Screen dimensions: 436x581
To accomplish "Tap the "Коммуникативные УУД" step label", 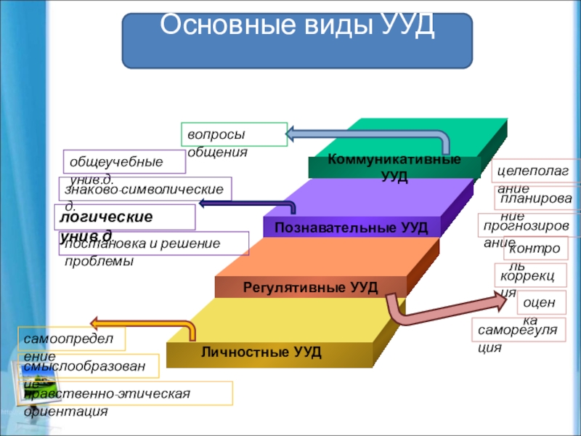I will click(394, 167).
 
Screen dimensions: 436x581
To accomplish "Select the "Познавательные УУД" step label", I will click(351, 227).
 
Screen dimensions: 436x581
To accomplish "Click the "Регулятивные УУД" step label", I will click(310, 287).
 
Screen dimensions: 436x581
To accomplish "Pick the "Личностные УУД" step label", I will click(261, 352).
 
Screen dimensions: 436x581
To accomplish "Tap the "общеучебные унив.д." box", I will click(124, 162).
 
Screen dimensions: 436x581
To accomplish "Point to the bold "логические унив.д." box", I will click(126, 217).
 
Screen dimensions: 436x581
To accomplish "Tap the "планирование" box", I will click(537, 197).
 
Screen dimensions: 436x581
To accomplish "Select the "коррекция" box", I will click(527, 276).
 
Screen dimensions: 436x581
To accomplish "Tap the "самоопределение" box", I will click(72, 339).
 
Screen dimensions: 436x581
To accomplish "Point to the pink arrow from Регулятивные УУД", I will click(436, 309).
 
